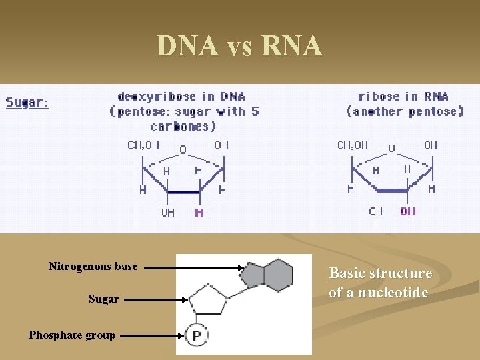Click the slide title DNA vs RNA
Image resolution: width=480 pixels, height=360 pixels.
[239, 46]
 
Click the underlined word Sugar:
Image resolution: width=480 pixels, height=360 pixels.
[27, 103]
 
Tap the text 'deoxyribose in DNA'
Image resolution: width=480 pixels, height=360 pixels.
[181, 97]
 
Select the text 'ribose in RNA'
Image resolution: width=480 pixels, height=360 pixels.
[403, 97]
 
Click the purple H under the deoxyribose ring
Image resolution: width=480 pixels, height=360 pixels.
[199, 213]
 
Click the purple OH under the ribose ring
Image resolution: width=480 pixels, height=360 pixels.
[408, 211]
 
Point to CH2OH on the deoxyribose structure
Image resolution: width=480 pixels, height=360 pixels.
[143, 145]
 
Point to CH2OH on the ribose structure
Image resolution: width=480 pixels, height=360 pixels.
[353, 145]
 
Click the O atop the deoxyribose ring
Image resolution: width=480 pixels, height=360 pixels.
[183, 149]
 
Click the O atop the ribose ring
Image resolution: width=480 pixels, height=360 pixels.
[392, 149]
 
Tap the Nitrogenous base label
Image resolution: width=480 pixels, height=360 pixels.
[93, 267]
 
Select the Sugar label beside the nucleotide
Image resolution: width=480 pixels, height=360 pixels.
[103, 299]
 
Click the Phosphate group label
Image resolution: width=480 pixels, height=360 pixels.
[72, 335]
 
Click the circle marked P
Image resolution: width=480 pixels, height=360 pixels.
[197, 335]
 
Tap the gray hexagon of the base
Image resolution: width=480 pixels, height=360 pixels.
[279, 274]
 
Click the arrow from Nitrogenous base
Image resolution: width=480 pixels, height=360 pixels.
[193, 268]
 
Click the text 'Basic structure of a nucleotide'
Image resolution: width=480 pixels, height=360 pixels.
[380, 283]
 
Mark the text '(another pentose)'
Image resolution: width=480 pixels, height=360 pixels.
[405, 111]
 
